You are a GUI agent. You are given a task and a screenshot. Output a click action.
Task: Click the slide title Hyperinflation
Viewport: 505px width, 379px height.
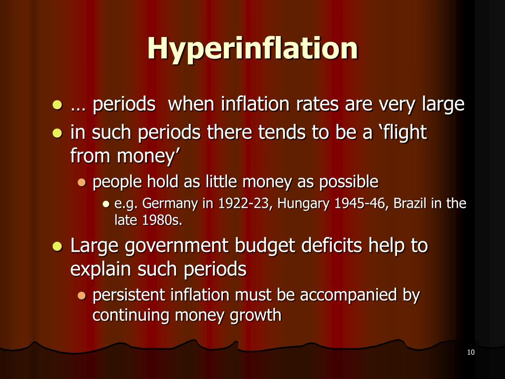[x=252, y=48]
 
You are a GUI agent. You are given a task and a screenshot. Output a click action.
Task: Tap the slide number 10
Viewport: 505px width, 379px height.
[x=470, y=352]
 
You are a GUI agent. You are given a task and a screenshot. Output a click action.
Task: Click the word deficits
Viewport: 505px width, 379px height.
[x=310, y=245]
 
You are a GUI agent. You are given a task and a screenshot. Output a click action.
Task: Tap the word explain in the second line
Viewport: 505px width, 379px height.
[x=101, y=269]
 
